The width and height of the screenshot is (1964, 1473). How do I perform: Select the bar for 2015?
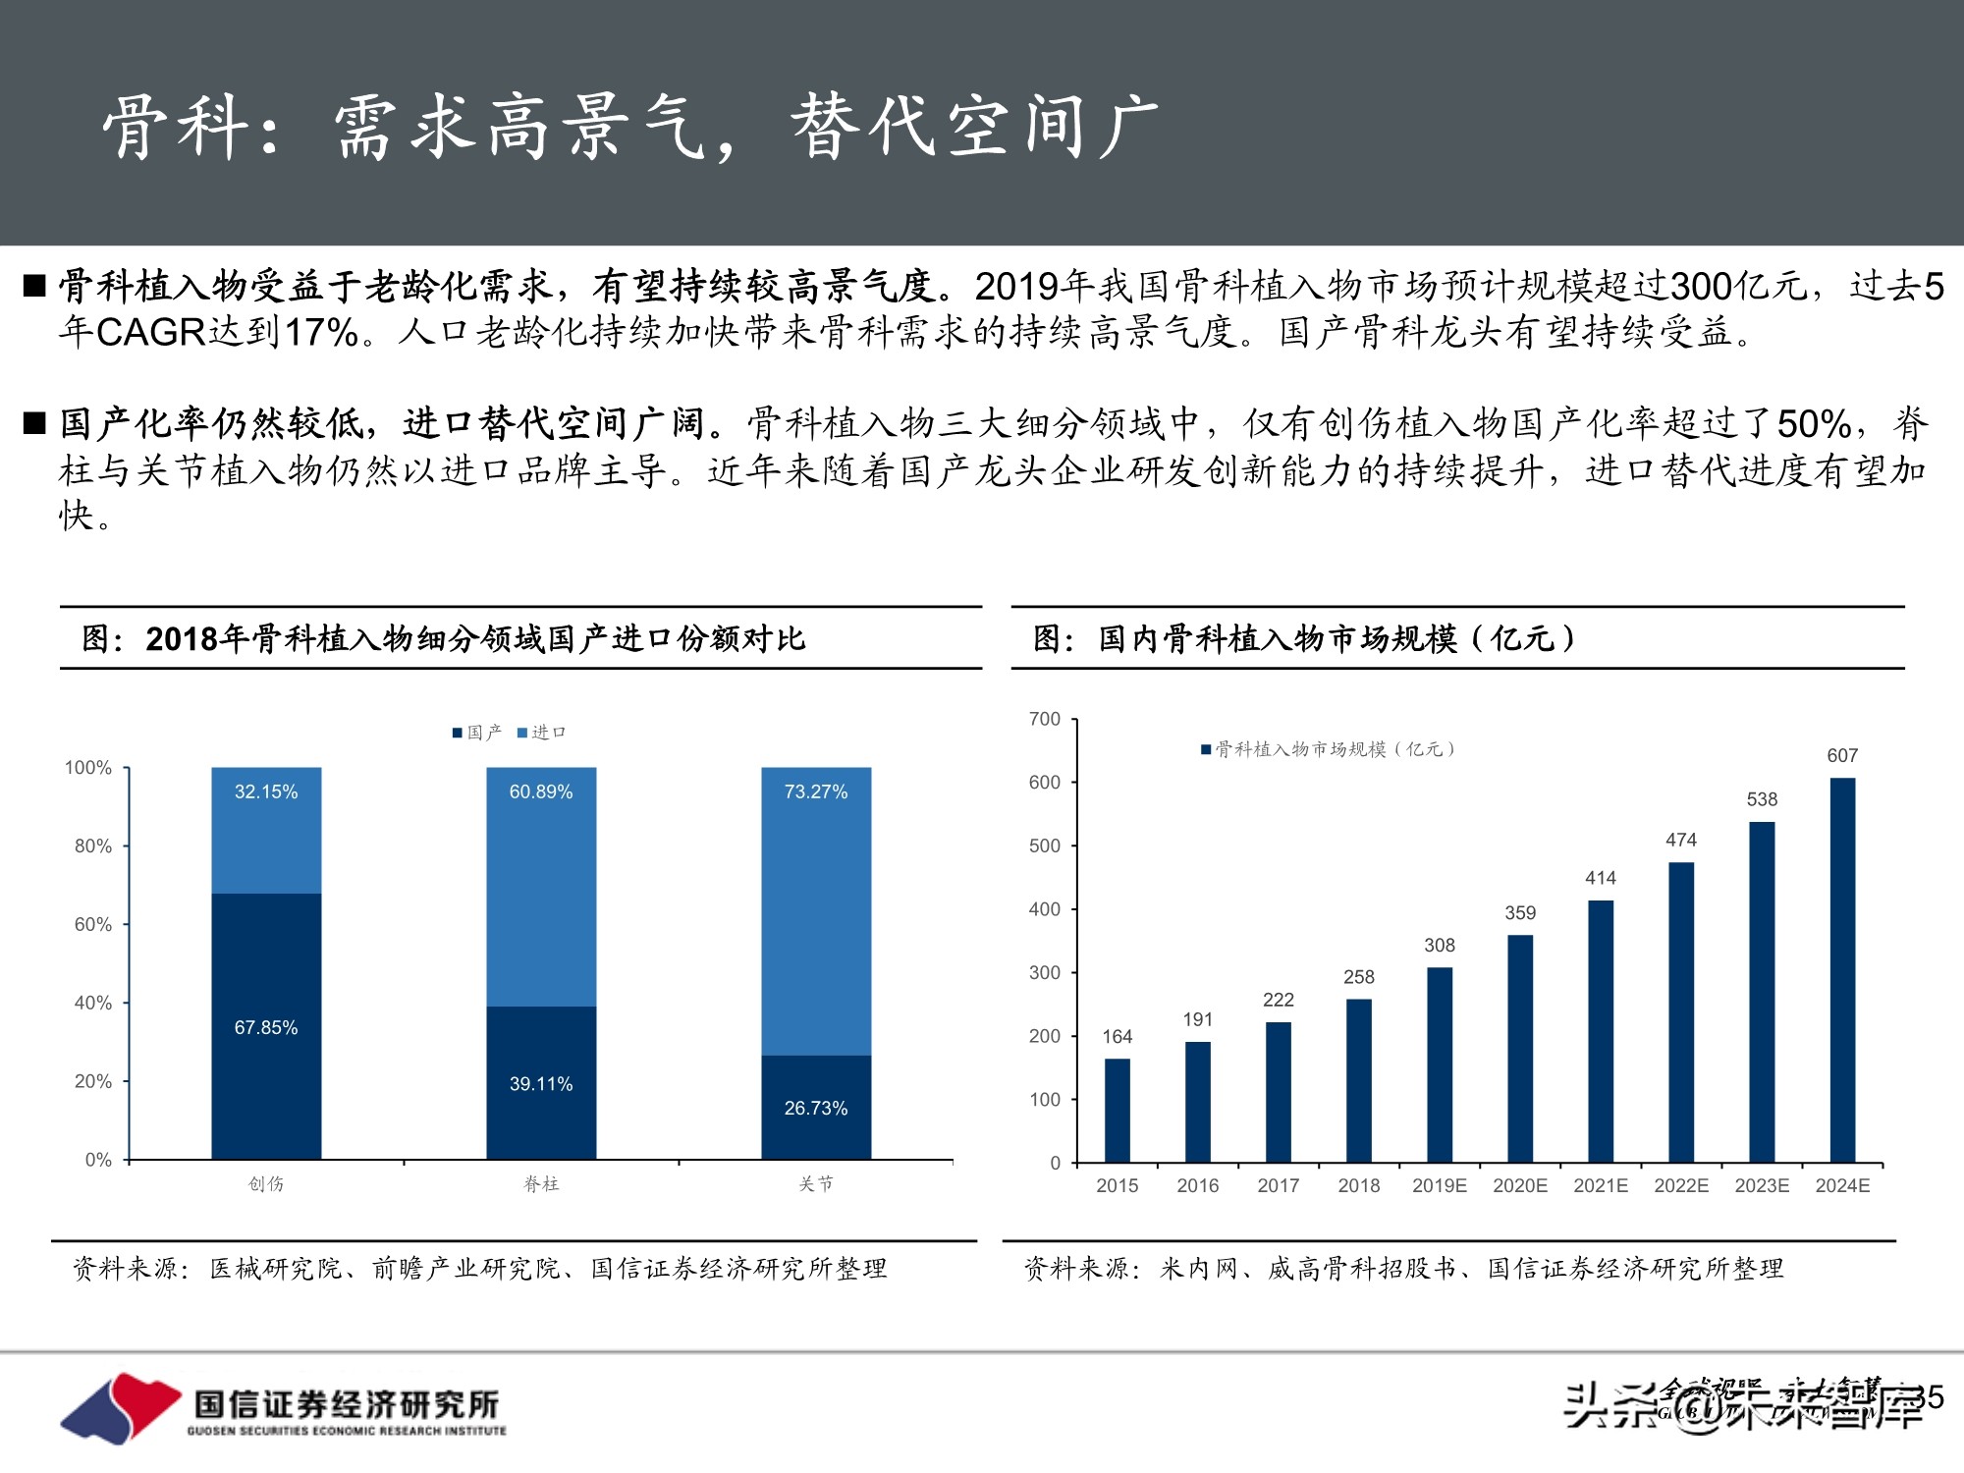[x=1118, y=1111]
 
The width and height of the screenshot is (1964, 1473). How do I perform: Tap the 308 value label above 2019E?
[x=1440, y=946]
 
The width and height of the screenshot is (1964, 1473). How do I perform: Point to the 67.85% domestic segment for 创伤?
[x=266, y=1026]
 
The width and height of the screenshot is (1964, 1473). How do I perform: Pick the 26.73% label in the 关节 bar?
[x=815, y=1108]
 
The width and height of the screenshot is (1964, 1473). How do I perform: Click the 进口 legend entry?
[x=542, y=733]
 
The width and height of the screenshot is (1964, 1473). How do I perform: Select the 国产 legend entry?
[x=477, y=733]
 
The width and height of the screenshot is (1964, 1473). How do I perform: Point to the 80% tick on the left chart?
[x=93, y=846]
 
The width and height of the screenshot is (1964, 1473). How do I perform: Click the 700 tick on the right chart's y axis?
[x=1045, y=719]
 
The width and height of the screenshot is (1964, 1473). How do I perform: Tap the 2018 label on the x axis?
[x=1359, y=1185]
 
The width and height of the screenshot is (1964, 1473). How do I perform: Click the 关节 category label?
[x=816, y=1184]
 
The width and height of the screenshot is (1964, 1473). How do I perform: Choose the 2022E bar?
[x=1681, y=1012]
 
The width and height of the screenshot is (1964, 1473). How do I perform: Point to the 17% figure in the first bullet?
[x=321, y=333]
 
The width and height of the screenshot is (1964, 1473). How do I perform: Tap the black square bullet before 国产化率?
[x=35, y=423]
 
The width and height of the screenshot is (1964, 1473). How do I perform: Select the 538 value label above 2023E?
[x=1762, y=799]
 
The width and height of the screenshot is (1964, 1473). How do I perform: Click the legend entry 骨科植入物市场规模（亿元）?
[x=1328, y=749]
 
